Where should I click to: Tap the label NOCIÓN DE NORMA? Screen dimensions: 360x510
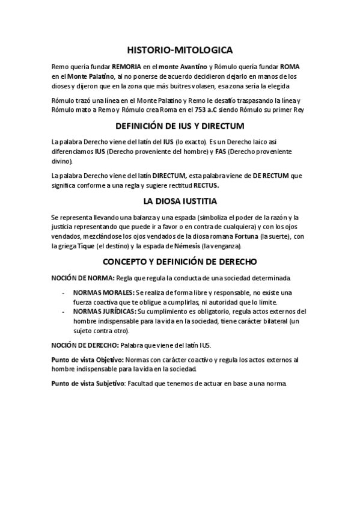[x=82, y=278]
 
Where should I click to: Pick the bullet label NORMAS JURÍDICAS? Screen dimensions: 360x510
[x=105, y=312]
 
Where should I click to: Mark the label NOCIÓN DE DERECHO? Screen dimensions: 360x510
[x=85, y=345]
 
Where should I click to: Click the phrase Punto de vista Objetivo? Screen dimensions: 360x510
[x=88, y=359]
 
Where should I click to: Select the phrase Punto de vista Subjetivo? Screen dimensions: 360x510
[x=90, y=383]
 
